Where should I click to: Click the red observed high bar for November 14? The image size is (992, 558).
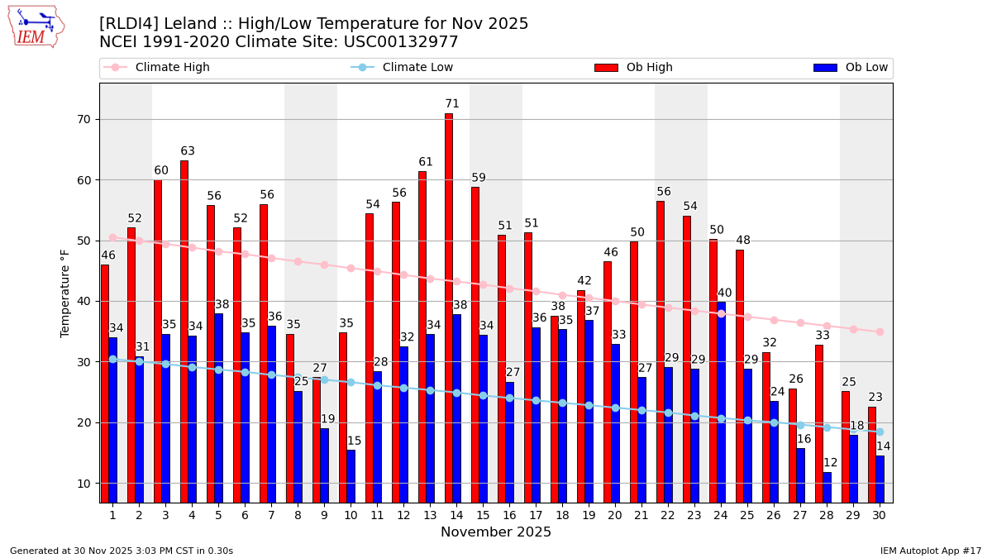(x=449, y=308)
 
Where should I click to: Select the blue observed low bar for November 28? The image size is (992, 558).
(x=827, y=487)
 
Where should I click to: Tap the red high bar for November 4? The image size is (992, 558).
(x=184, y=331)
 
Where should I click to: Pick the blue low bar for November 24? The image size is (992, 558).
(x=722, y=402)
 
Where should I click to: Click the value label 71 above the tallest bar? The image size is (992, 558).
(x=452, y=104)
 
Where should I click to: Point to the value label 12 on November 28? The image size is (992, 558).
(x=830, y=463)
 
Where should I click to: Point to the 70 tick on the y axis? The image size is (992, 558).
(x=84, y=119)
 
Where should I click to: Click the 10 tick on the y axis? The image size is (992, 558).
(x=84, y=484)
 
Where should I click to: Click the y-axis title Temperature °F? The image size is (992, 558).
(x=65, y=293)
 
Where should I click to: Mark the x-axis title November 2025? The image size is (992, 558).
(x=496, y=532)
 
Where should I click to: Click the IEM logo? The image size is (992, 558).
(x=36, y=26)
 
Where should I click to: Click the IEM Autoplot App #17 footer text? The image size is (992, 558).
(x=931, y=551)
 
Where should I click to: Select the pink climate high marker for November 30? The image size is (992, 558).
(x=880, y=331)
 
